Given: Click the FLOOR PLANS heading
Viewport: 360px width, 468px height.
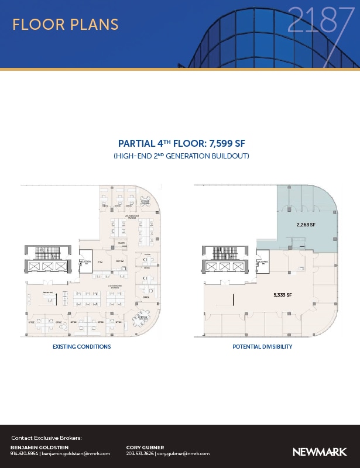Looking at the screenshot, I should (x=65, y=25).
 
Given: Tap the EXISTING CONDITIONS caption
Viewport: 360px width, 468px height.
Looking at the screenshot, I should (x=81, y=347).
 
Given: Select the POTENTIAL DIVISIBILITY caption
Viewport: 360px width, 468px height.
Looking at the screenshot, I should (x=262, y=347).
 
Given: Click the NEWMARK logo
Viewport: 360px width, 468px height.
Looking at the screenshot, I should (x=320, y=452).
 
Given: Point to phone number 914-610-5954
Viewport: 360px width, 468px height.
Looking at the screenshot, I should (x=24, y=454).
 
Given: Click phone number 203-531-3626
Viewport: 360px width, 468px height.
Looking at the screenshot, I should (x=140, y=454).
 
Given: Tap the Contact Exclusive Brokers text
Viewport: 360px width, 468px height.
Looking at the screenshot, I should (x=46, y=438).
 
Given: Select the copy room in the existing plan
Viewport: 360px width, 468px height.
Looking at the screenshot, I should (x=119, y=261).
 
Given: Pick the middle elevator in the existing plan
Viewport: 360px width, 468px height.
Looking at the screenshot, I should (x=46, y=266).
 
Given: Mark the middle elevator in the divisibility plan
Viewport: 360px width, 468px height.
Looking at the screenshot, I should (x=224, y=266).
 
